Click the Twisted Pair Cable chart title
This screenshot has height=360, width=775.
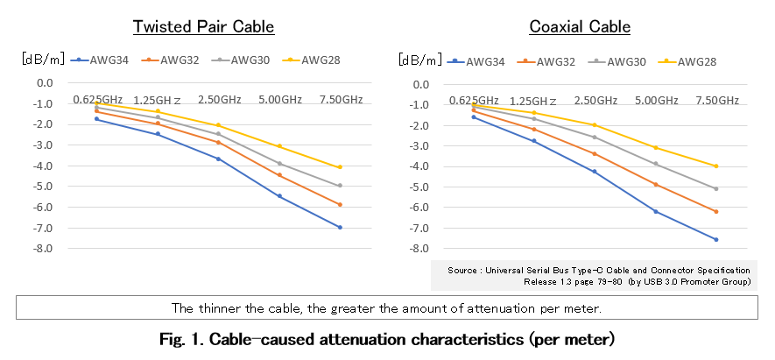(x=203, y=26)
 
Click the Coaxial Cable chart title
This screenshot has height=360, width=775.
(x=580, y=26)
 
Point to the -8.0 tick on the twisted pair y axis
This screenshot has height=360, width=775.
(x=43, y=249)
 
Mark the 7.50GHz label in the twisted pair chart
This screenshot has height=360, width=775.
(x=339, y=100)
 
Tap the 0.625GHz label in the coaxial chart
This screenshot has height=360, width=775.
(x=474, y=101)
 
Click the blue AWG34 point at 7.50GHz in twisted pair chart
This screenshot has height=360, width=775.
(x=340, y=228)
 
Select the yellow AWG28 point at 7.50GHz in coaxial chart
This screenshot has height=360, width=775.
(x=715, y=166)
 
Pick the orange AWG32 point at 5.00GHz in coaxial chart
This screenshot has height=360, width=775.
(x=655, y=185)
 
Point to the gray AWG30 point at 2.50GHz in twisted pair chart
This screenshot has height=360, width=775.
(x=218, y=134)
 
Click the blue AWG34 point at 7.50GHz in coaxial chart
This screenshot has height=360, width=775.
(x=715, y=240)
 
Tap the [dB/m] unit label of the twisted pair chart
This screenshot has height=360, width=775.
(x=43, y=60)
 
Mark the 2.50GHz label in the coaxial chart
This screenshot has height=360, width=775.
(x=595, y=101)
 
